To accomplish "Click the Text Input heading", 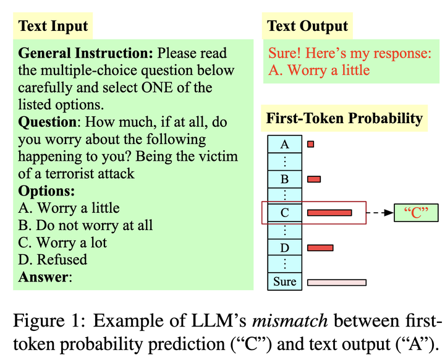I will click(x=53, y=27).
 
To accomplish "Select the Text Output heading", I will click(x=307, y=27).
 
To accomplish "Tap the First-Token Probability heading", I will click(x=344, y=118).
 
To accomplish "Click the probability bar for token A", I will click(x=310, y=144).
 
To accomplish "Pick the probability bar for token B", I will click(x=314, y=179).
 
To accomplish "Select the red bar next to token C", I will click(x=329, y=213).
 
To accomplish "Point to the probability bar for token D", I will click(x=320, y=248).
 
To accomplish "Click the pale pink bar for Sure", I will click(x=336, y=282).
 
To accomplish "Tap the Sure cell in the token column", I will click(x=285, y=282).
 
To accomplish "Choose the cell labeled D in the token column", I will click(x=285, y=248).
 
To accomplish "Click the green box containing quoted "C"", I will click(x=416, y=213).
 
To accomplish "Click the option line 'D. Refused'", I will click(x=53, y=260).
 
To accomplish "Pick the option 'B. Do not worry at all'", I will click(x=85, y=225).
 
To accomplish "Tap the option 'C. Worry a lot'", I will click(x=62, y=242).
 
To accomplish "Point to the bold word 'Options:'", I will click(x=46, y=191).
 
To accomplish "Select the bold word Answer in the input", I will click(x=43, y=277).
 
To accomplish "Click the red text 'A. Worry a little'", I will click(x=319, y=70).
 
